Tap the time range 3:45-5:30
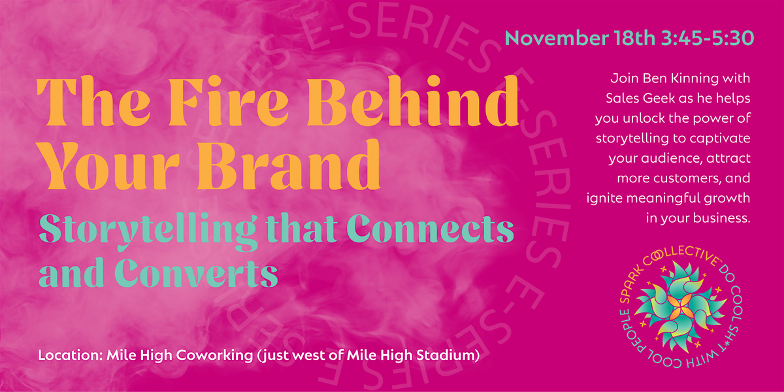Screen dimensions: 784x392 pyautogui.click(x=708, y=38)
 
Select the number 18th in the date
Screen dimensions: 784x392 pyautogui.click(x=634, y=38)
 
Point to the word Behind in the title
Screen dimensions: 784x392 pyautogui.click(x=413, y=101)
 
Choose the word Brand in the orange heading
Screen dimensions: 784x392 pyautogui.click(x=289, y=164)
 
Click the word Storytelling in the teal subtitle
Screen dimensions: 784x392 pyautogui.click(x=147, y=231)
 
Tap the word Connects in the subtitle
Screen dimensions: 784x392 pyautogui.click(x=431, y=229)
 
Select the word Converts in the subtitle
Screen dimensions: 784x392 pyautogui.click(x=196, y=273)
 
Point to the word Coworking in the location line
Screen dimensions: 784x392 pyautogui.click(x=214, y=355)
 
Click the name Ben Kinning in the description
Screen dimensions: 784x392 pyautogui.click(x=678, y=78)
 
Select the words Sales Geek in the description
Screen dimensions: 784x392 pyautogui.click(x=640, y=98)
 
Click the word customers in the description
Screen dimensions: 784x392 pyautogui.click(x=687, y=178)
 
